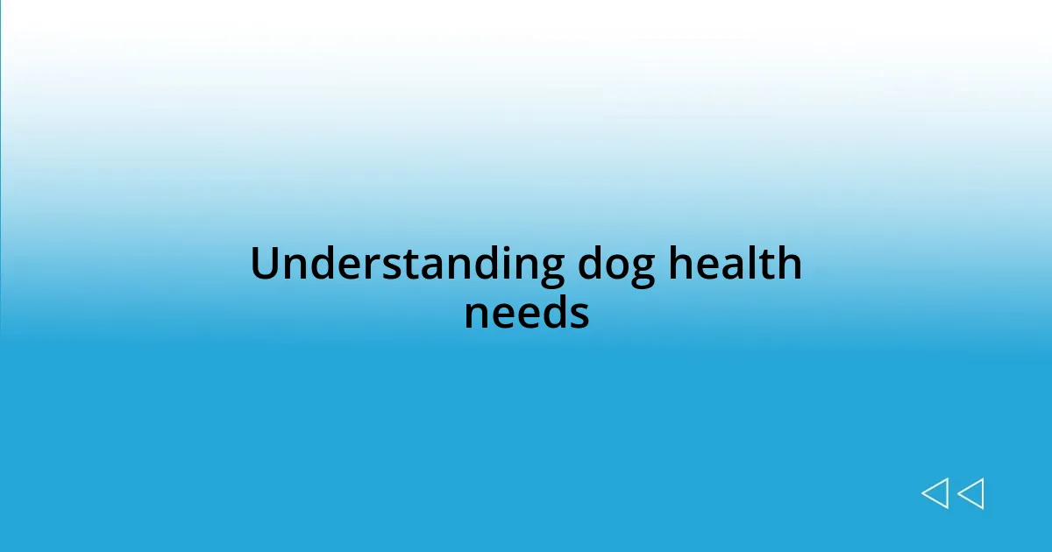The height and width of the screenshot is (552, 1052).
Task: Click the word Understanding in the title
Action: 407,265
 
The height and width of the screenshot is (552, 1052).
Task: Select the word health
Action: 735,265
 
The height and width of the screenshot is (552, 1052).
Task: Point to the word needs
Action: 526,313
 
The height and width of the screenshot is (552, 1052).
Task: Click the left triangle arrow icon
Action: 935,493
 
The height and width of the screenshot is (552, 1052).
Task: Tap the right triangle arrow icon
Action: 970,493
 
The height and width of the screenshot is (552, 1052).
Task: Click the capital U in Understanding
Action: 265,265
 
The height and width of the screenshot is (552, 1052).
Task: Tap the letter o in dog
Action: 615,267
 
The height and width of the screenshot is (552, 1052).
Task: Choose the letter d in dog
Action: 589,265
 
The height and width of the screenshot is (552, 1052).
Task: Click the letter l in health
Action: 750,264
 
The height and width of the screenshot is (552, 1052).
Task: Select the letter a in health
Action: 731,267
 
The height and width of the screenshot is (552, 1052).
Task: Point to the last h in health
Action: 788,264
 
